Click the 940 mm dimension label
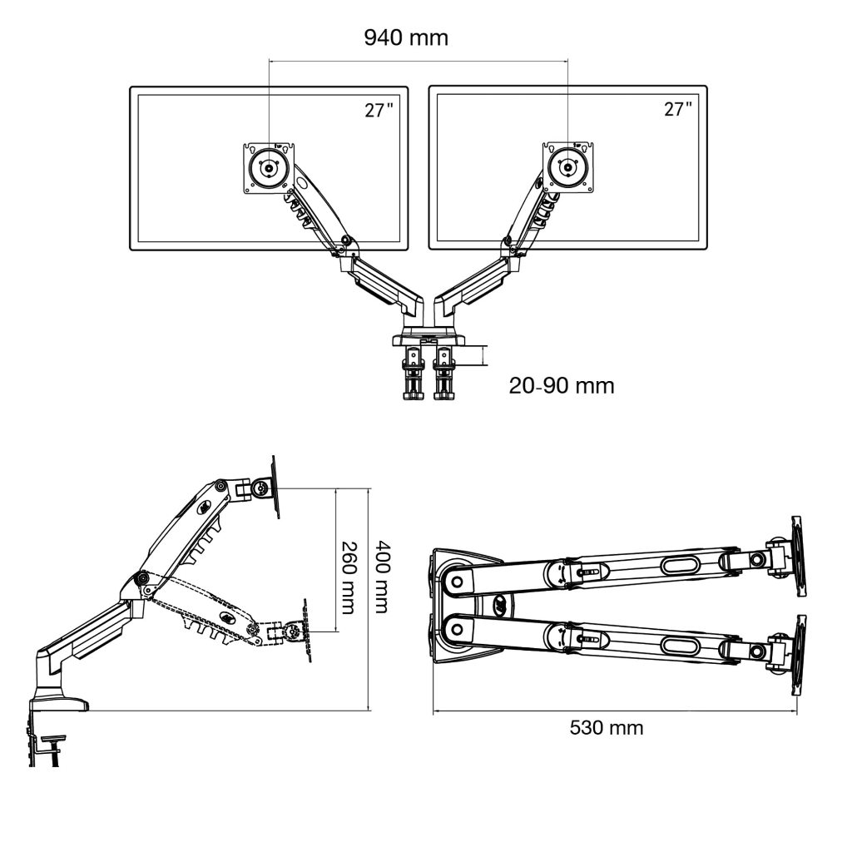(x=406, y=37)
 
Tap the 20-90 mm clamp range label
(x=562, y=386)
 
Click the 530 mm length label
(x=607, y=727)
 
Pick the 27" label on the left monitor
(x=379, y=110)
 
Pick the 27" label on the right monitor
(x=678, y=110)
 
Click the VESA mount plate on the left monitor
(x=269, y=168)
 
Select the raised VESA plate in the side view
(x=275, y=487)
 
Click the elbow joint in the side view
(x=141, y=580)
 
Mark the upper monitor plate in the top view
(x=798, y=556)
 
